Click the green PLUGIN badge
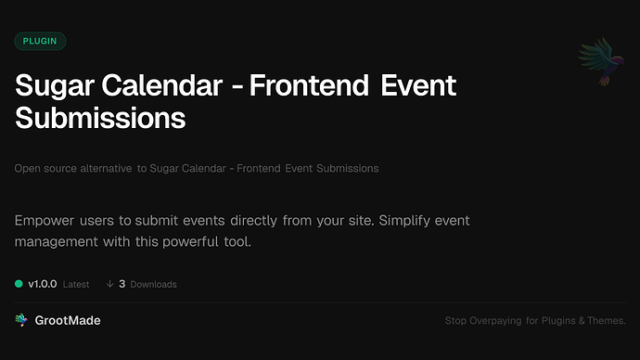pos(41,41)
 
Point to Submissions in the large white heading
pos(100,120)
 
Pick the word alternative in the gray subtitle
pos(98,169)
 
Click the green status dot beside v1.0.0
pos(19,284)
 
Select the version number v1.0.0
pos(45,284)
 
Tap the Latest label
pos(76,284)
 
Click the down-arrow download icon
pos(109,284)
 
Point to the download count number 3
pos(122,284)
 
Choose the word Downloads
pos(153,284)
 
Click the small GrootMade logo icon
pos(21,320)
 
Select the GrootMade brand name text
pos(68,320)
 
